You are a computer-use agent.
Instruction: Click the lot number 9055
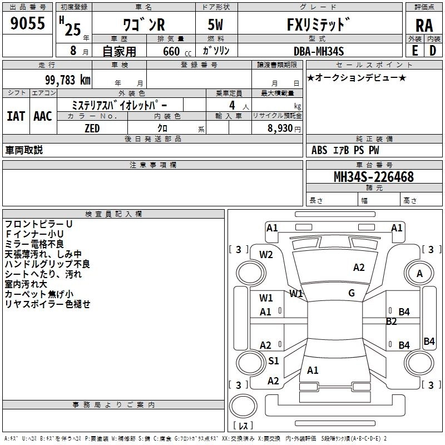pos(28,24)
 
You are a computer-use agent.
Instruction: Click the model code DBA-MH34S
pos(319,51)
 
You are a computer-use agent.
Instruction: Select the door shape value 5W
pos(216,24)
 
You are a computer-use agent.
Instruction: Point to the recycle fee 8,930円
pos(284,128)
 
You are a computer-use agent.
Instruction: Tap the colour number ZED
pos(92,128)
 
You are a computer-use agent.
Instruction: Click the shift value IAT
pos(16,116)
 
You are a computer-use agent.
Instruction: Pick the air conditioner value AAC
pos(43,116)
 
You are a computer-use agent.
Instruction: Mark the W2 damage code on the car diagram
pos(266,255)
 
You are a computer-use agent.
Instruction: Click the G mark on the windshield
pos(352,293)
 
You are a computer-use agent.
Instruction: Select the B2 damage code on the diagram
pos(391,321)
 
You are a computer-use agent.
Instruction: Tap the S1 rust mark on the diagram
pos(273,361)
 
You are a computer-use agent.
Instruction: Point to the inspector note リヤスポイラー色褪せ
pos(47,304)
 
